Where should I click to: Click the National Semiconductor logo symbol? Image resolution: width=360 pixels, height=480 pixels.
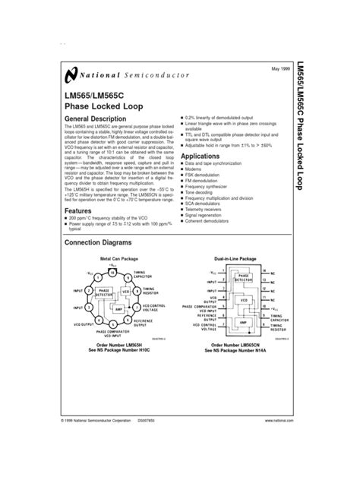click(x=71, y=74)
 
